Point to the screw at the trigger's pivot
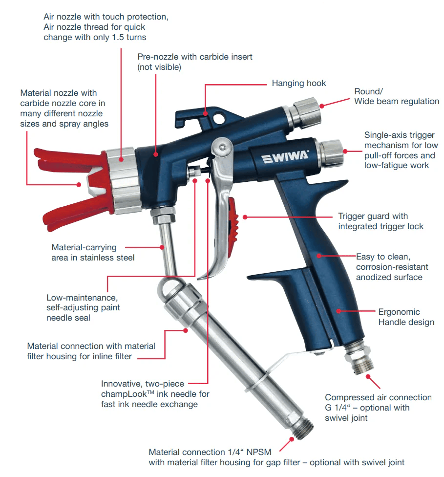coord(223,145)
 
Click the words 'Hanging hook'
coord(298,84)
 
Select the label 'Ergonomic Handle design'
coord(406,317)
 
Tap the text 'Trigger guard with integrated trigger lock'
coord(380,221)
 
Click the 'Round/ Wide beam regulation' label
coord(396,96)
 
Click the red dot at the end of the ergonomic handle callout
coord(338,310)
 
